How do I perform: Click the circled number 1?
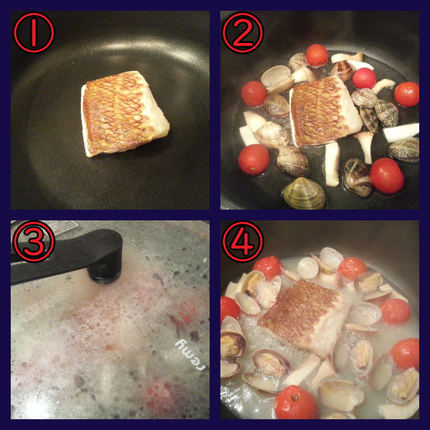pyautogui.click(x=34, y=33)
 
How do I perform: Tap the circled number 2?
pyautogui.click(x=243, y=33)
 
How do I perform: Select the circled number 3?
pyautogui.click(x=34, y=241)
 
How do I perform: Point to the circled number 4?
pyautogui.click(x=243, y=241)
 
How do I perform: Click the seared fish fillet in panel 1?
pyautogui.click(x=125, y=113)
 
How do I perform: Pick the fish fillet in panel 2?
pyautogui.click(x=325, y=112)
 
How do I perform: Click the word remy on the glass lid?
pyautogui.click(x=190, y=355)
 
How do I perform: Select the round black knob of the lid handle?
pyautogui.click(x=104, y=269)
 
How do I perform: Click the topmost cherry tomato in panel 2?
pyautogui.click(x=317, y=55)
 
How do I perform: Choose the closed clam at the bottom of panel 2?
pyautogui.click(x=304, y=193)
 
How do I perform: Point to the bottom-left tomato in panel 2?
pyautogui.click(x=254, y=160)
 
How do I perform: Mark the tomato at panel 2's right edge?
pyautogui.click(x=407, y=94)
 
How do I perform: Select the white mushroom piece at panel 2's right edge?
pyautogui.click(x=401, y=133)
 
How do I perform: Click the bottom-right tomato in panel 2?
pyautogui.click(x=387, y=176)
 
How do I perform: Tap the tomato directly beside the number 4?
pyautogui.click(x=268, y=267)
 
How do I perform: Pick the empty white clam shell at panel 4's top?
pyautogui.click(x=331, y=258)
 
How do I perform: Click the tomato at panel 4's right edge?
pyautogui.click(x=405, y=354)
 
